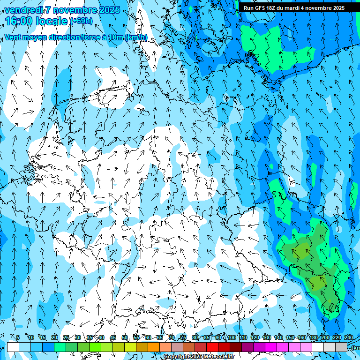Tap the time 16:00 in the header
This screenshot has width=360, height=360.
tap(19, 21)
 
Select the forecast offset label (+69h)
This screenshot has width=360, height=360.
tap(81, 21)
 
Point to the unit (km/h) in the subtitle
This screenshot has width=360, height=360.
tap(136, 37)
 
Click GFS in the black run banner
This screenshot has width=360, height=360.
tap(260, 8)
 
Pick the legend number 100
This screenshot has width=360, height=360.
tap(232, 337)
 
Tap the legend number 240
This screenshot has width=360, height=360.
tap(348, 337)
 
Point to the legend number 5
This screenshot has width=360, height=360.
tap(18, 337)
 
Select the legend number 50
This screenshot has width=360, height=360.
tap(125, 337)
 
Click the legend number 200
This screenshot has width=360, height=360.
tap(325, 337)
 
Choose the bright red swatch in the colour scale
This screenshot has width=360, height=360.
tap(212, 347)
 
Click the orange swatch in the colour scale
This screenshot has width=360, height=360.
tap(154, 347)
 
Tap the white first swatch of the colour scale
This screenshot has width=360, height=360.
tap(13, 347)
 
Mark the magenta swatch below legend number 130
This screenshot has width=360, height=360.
tap(271, 347)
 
